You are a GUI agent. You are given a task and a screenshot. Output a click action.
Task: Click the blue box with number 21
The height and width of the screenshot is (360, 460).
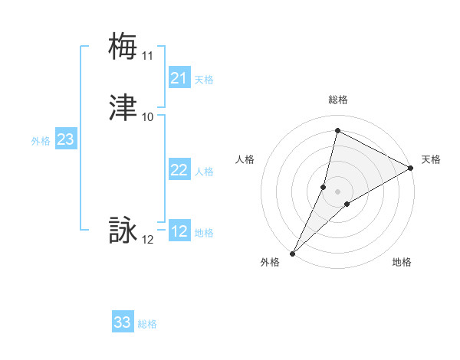click(x=179, y=78)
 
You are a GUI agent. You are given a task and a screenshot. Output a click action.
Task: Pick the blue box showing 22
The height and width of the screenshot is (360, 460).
click(x=179, y=171)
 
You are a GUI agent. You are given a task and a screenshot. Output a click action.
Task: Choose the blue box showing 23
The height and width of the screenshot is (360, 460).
click(x=65, y=139)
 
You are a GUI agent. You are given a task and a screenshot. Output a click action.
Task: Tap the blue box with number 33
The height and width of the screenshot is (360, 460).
click(x=123, y=322)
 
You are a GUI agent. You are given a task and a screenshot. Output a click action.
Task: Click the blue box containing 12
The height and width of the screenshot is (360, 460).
click(x=179, y=232)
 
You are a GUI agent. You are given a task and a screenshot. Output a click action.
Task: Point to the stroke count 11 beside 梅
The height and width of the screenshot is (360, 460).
click(x=148, y=56)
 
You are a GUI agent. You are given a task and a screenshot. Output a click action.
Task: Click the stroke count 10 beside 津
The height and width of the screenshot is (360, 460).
click(x=148, y=117)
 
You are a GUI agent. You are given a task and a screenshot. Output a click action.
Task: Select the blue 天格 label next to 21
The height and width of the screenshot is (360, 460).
click(x=204, y=80)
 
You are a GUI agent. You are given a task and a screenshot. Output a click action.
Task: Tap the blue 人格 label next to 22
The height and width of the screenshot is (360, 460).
click(x=204, y=172)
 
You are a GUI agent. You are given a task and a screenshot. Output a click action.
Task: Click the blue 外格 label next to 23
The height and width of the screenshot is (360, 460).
click(x=41, y=141)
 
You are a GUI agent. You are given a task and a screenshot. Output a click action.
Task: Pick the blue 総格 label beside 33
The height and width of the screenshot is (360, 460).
click(x=147, y=324)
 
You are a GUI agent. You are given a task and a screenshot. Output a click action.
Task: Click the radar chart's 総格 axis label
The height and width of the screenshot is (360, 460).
click(x=337, y=100)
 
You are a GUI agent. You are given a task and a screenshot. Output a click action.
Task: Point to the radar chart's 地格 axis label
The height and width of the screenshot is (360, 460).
click(x=402, y=263)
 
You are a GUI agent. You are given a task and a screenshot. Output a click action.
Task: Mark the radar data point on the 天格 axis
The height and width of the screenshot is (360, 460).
click(x=411, y=169)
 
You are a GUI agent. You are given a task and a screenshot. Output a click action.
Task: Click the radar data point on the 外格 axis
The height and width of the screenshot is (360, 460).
click(x=292, y=254)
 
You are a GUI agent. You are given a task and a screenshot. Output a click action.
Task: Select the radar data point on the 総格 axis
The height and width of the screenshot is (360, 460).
click(x=337, y=131)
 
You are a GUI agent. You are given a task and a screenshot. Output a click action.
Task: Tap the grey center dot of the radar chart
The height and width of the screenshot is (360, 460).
click(x=337, y=191)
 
